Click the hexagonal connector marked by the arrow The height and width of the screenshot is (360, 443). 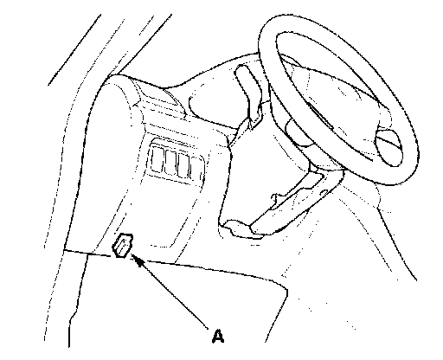[x=123, y=245]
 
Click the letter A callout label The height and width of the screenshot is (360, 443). [x=218, y=337]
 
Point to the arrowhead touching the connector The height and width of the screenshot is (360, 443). [x=138, y=260]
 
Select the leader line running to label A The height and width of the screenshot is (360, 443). [x=170, y=292]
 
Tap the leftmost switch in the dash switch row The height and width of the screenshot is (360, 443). [x=157, y=160]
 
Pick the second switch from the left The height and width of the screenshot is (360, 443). [x=171, y=163]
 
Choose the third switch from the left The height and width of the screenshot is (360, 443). [x=184, y=165]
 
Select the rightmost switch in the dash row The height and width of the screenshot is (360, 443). [x=196, y=169]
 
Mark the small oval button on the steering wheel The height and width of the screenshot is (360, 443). [x=388, y=148]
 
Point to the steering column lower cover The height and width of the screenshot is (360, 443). [x=288, y=202]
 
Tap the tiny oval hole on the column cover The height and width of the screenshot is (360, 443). [x=324, y=191]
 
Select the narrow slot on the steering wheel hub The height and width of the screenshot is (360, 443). [x=321, y=115]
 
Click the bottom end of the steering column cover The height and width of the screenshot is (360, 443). [x=242, y=229]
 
